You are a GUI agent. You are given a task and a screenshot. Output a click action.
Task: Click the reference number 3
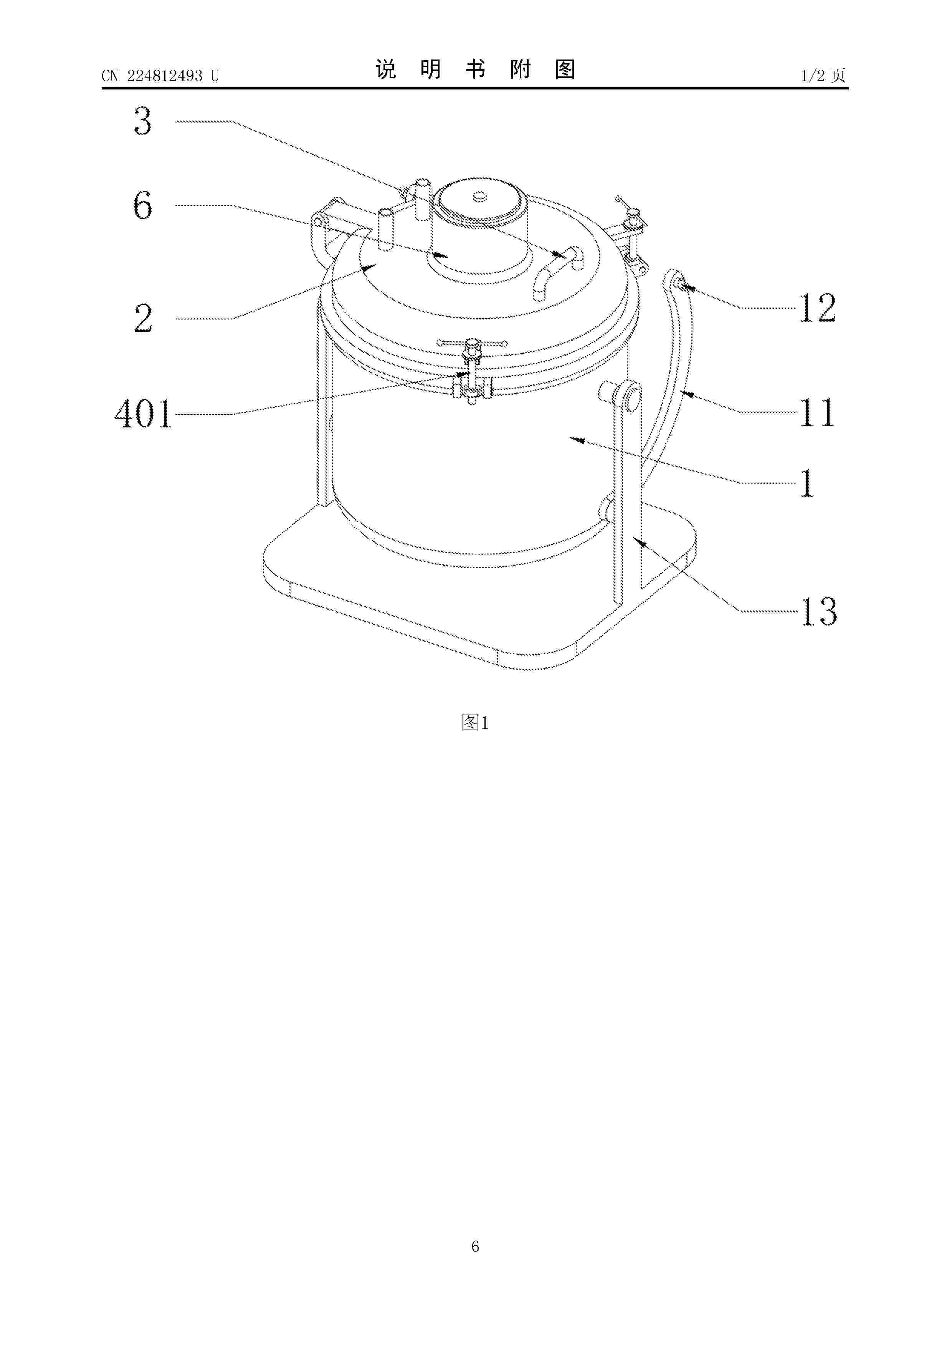[x=142, y=121]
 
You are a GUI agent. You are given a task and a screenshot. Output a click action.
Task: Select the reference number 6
[x=142, y=205]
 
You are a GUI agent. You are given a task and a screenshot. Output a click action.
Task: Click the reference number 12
[x=818, y=308]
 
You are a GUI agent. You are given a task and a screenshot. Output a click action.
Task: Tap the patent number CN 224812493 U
[x=160, y=76]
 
